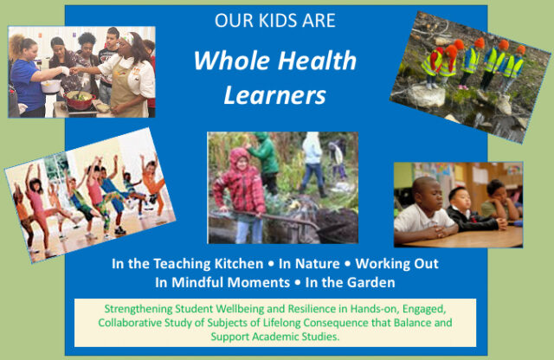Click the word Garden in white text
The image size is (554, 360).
coord(370,282)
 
